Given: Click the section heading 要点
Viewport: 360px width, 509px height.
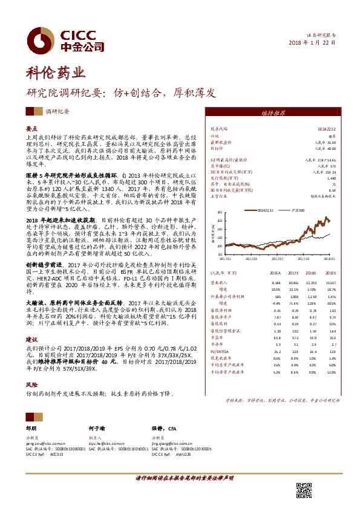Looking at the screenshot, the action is tap(32, 128).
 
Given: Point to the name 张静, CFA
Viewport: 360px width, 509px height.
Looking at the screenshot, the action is tap(163, 427).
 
